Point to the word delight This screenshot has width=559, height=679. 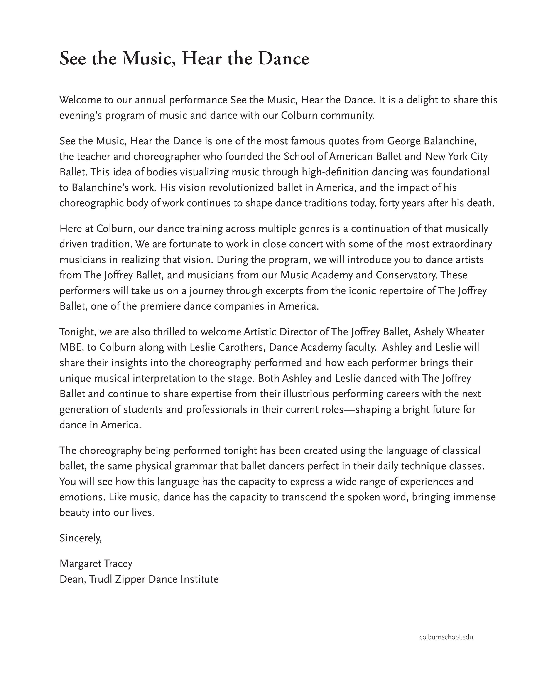(422, 100)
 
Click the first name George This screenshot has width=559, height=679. (404, 141)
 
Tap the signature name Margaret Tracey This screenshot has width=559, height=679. (96, 564)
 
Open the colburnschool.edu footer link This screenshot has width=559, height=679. (446, 637)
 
